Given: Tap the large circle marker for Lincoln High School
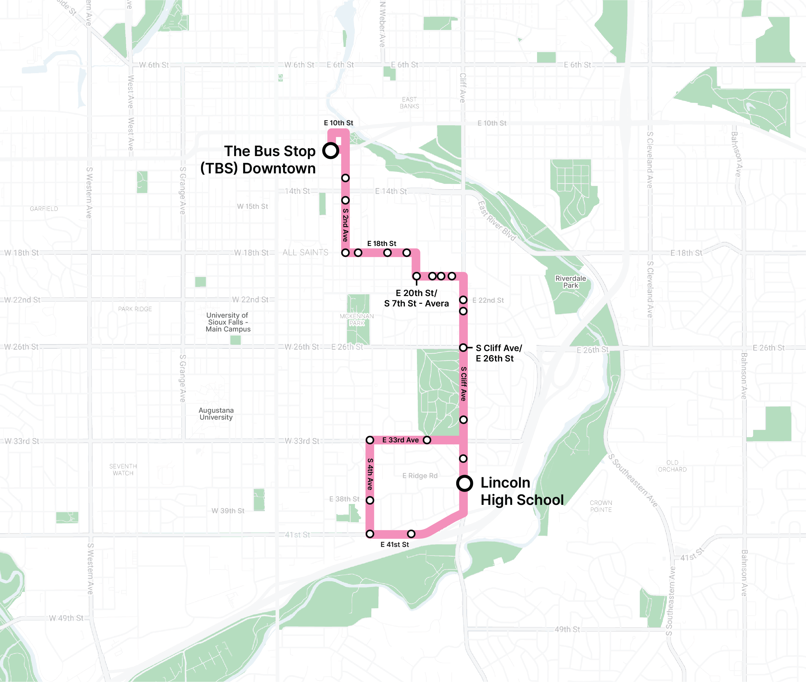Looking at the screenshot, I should click(464, 483).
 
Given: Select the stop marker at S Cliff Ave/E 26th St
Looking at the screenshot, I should click(463, 348).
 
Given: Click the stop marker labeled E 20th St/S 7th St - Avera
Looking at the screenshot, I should click(416, 276).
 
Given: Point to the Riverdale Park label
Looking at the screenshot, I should click(570, 282).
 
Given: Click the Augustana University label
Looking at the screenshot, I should click(216, 414).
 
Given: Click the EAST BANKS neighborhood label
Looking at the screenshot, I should click(409, 103).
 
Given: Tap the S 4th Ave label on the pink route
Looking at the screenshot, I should click(370, 474).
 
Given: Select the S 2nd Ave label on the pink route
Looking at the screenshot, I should click(345, 225).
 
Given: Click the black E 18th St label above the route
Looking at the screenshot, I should click(382, 244).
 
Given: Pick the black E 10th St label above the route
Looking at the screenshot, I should click(338, 123).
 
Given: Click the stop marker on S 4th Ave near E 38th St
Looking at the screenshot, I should click(370, 500).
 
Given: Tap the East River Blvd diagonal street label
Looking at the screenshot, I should click(497, 221).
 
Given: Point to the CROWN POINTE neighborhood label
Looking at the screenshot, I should click(601, 506).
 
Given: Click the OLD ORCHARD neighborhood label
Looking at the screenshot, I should click(672, 466).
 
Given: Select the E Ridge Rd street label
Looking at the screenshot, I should click(420, 475).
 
